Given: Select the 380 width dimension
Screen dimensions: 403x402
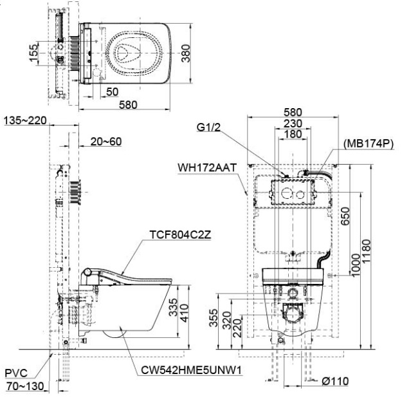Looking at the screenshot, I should click(x=187, y=57).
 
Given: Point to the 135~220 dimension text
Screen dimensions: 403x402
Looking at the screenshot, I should click(x=24, y=120).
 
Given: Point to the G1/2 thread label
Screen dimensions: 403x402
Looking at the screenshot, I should click(x=210, y=127).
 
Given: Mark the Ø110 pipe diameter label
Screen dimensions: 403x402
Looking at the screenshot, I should click(x=335, y=381).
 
